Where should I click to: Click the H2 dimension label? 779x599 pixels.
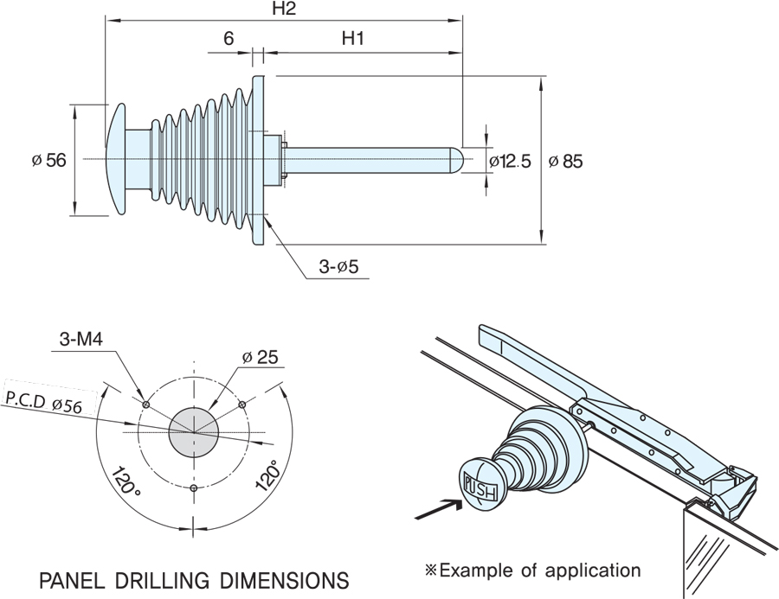(x=283, y=10)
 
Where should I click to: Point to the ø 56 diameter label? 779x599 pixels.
(x=48, y=160)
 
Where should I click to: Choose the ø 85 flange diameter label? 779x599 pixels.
(x=566, y=161)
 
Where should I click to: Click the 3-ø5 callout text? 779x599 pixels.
(x=338, y=268)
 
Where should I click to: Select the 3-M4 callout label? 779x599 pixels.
(x=82, y=340)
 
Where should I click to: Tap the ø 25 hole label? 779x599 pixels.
(x=260, y=357)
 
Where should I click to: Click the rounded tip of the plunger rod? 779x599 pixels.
(x=461, y=160)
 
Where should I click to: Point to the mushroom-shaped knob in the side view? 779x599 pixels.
(x=119, y=159)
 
